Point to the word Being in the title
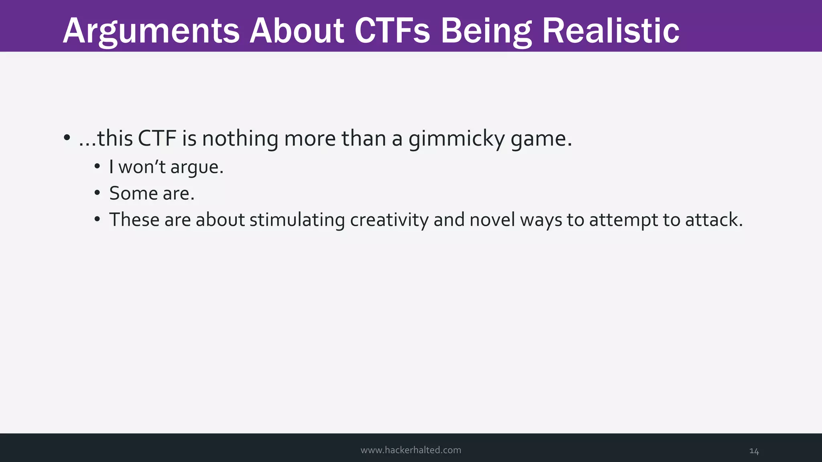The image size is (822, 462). point(486,31)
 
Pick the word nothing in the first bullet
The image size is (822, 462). point(240,139)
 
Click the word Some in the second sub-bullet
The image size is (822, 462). point(133,193)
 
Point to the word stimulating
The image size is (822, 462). point(297,220)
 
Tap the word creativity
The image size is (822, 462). point(389,220)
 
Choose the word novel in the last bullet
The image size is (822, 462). point(492,220)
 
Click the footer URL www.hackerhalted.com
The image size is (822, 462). point(411,450)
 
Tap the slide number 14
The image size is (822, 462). point(754,451)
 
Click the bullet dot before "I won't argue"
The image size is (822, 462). point(97,167)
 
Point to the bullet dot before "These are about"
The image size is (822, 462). point(97,220)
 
